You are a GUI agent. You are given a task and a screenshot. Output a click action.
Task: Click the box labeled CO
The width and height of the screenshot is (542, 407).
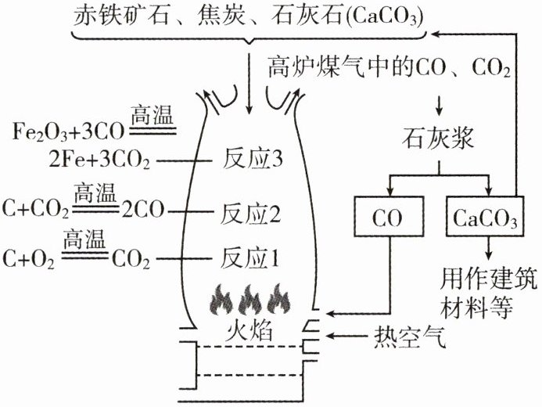[x=389, y=217]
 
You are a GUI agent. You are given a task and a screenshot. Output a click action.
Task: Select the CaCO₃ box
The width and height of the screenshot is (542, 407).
[x=485, y=217]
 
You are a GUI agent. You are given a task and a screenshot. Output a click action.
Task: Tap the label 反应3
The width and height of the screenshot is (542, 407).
[x=253, y=160]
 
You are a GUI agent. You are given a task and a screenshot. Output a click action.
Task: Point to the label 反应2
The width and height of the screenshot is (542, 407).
[x=250, y=213]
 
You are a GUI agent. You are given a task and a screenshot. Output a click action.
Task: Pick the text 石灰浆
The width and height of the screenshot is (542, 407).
[x=438, y=139]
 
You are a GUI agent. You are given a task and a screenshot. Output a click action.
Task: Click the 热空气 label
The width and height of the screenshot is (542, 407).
[x=411, y=337]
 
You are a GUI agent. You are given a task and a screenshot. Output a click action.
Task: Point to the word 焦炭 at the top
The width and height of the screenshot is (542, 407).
[x=221, y=16]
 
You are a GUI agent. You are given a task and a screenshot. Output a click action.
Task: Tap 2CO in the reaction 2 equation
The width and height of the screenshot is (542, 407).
[x=142, y=210]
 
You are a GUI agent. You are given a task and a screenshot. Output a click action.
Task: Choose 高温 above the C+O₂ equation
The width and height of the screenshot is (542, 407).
[x=84, y=239]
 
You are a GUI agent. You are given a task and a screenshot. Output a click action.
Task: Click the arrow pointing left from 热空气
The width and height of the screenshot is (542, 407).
[x=346, y=336]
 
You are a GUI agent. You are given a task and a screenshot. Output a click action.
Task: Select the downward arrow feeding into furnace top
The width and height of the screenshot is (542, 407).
[x=249, y=84]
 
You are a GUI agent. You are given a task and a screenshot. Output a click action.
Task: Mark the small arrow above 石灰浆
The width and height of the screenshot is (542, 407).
[x=439, y=106]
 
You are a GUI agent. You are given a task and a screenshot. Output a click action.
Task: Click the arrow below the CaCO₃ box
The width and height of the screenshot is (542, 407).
[x=488, y=248]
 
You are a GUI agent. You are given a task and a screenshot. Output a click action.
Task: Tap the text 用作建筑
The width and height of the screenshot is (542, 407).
[x=488, y=279]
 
